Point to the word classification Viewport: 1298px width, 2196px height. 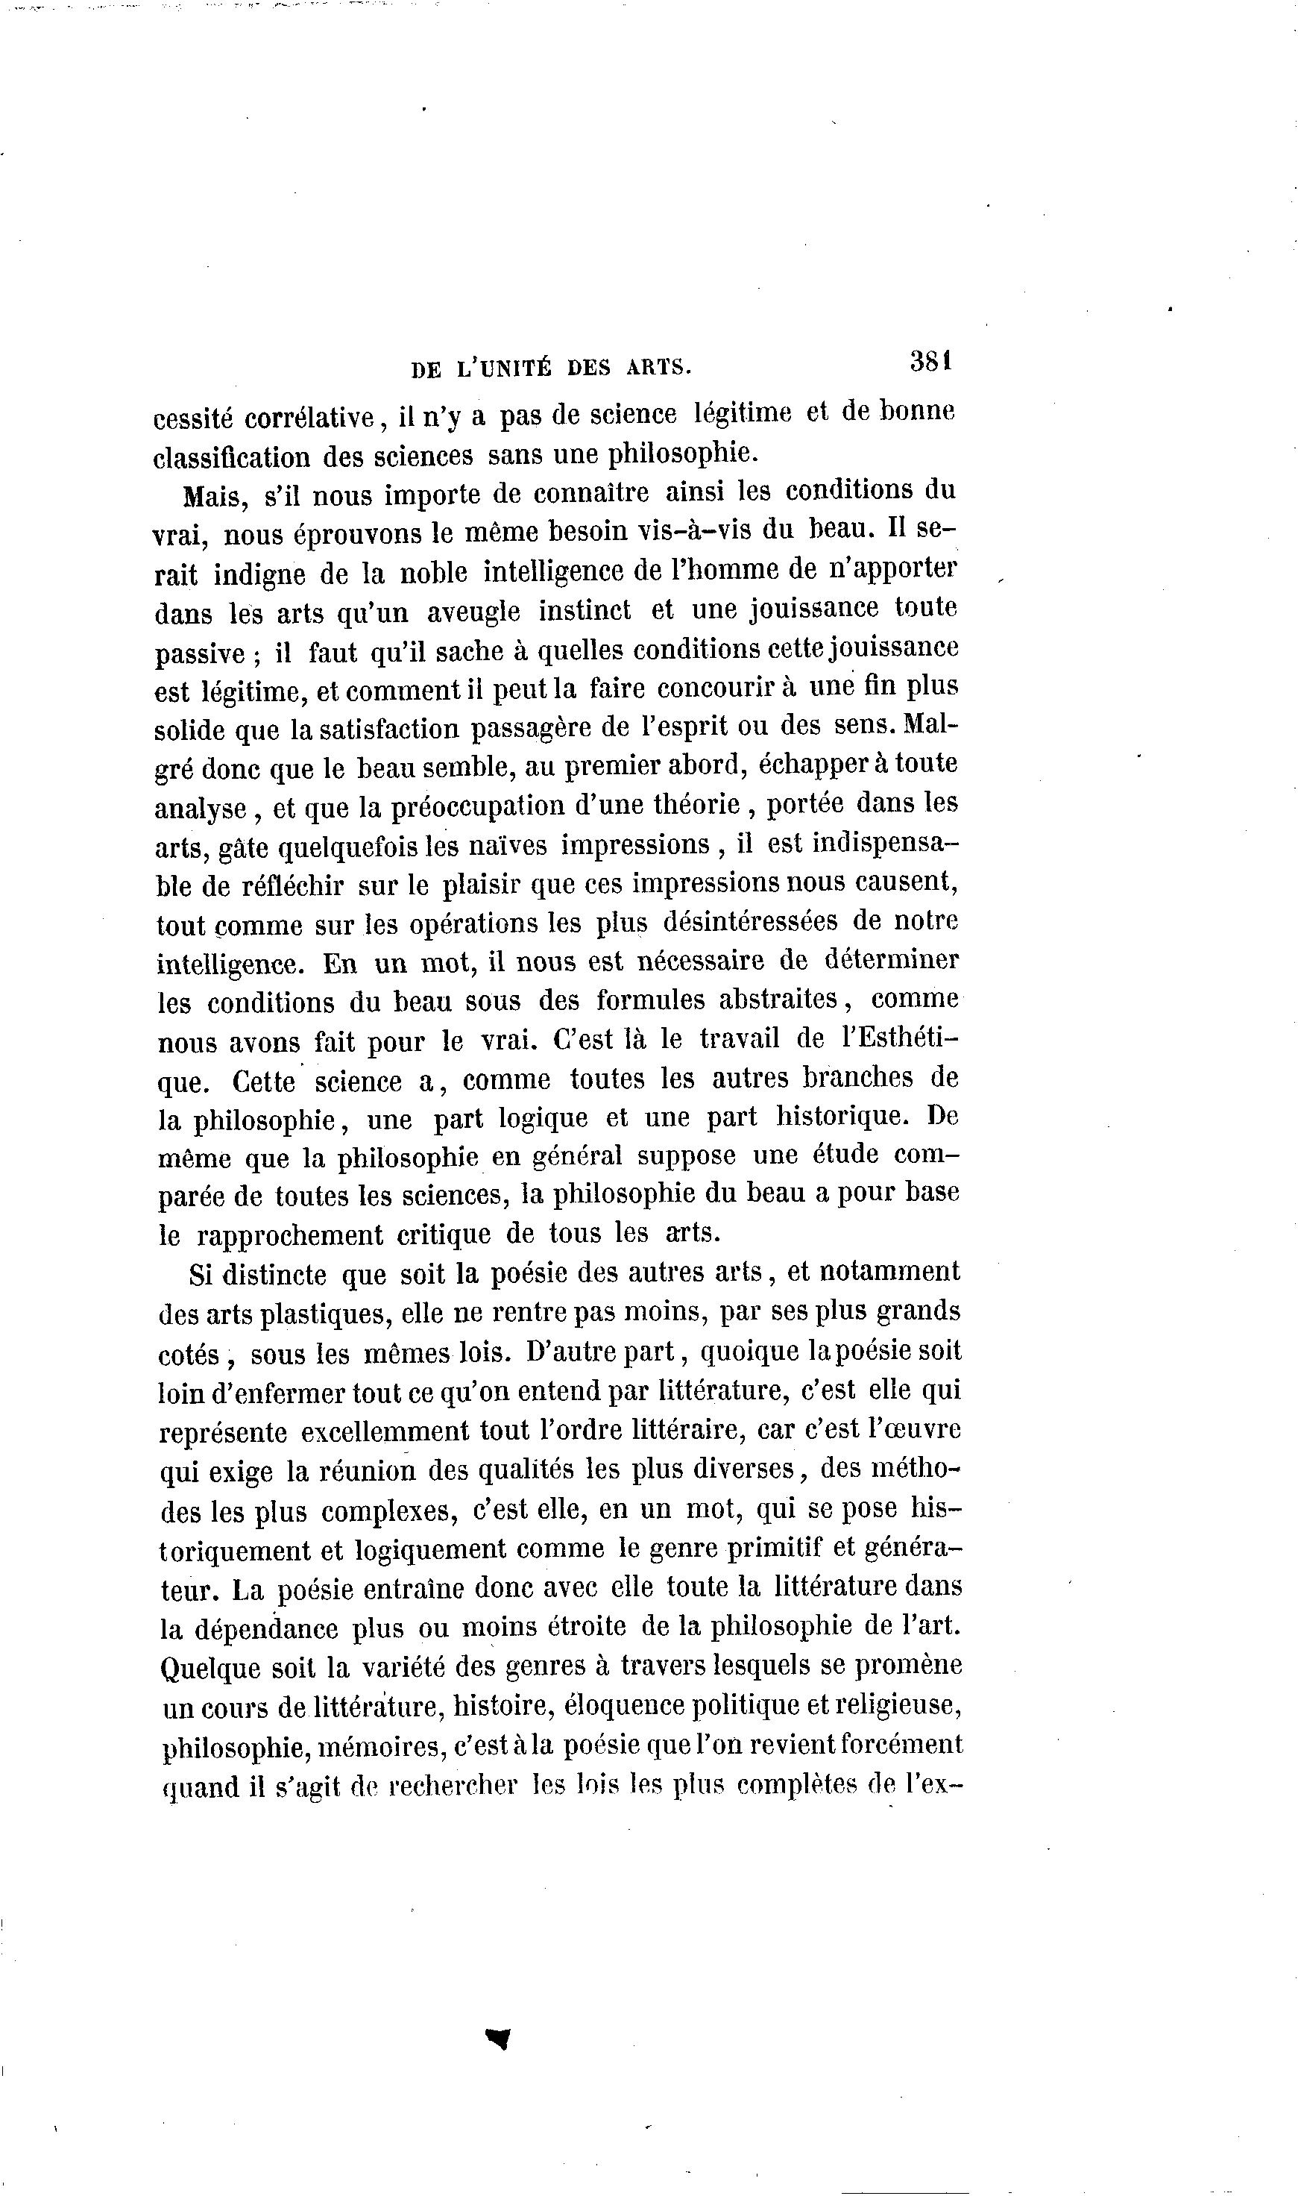231,457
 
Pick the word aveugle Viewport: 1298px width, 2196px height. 473,612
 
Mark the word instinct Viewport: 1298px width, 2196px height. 585,610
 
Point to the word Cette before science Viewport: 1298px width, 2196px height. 264,1082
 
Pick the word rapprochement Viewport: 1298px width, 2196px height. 289,1235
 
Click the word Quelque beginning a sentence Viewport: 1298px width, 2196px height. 211,1669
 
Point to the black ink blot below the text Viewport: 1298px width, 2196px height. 499,2039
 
